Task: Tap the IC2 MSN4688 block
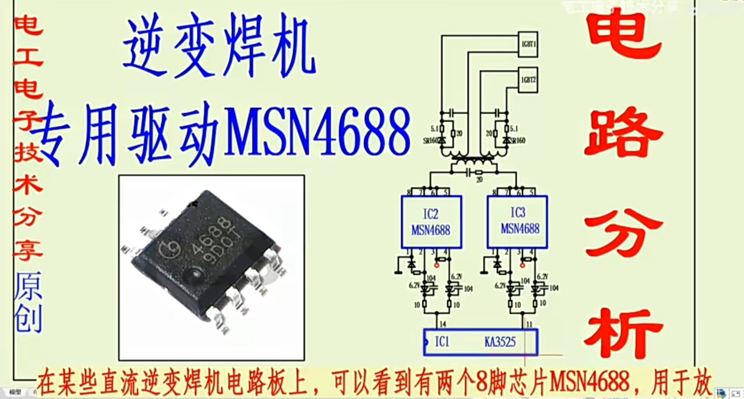pos(431,222)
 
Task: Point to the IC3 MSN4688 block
pos(517,222)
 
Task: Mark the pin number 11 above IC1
pos(530,323)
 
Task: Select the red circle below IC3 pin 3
pos(523,265)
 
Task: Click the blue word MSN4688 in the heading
pos(318,131)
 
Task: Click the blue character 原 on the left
pos(28,287)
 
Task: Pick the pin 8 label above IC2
pos(409,192)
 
